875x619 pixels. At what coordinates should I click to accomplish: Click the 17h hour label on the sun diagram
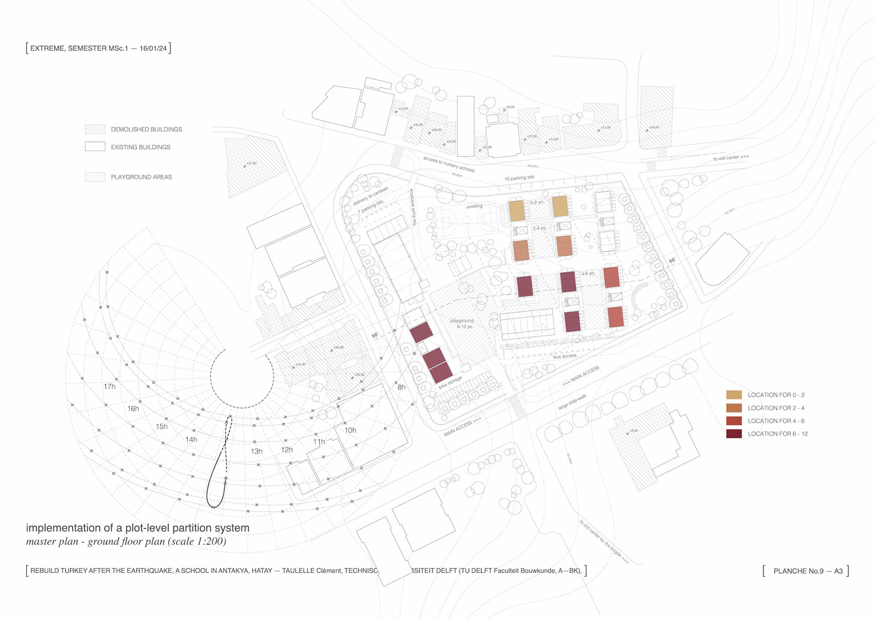point(109,387)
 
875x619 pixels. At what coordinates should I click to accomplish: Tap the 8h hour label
point(401,387)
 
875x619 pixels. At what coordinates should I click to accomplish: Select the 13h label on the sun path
point(257,452)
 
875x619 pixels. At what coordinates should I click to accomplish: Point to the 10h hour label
point(350,431)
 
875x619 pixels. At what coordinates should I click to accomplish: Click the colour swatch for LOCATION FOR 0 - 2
point(734,395)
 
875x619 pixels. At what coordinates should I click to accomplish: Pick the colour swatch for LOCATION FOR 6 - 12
point(734,434)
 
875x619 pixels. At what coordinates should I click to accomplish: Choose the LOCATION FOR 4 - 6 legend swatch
point(734,421)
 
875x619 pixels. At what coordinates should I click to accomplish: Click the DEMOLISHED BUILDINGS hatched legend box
point(95,130)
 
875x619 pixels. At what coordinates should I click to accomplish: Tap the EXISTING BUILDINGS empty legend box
point(95,147)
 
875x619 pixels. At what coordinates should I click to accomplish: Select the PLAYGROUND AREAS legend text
point(141,177)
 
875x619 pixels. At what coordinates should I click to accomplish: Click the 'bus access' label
point(565,356)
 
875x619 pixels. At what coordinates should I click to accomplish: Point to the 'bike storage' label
point(450,382)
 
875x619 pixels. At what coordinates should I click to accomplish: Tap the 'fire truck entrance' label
point(413,207)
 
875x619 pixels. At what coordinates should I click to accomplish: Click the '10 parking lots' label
point(519,178)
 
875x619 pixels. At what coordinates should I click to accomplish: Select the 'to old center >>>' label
point(731,158)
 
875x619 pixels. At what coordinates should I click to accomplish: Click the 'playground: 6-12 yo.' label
point(462,323)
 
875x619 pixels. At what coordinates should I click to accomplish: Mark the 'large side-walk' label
point(572,402)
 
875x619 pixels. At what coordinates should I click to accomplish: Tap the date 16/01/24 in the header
point(153,48)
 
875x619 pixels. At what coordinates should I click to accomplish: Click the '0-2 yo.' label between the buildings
point(536,203)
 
